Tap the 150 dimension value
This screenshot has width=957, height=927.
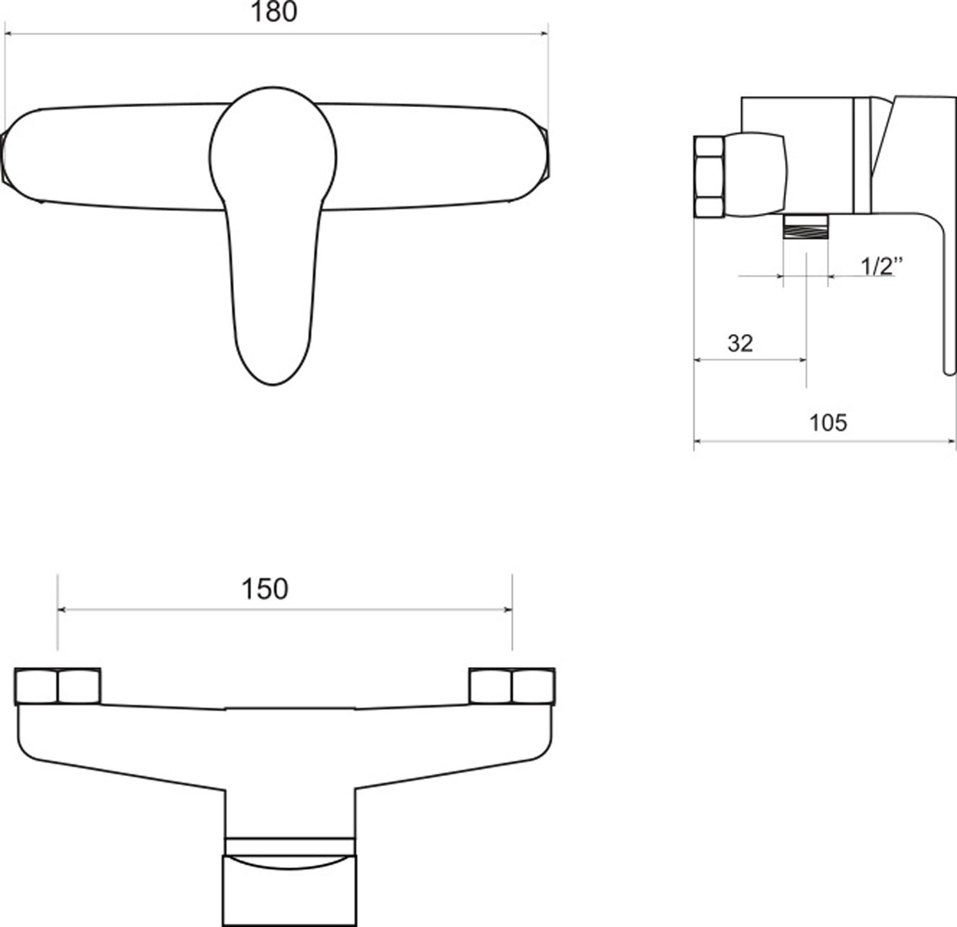pos(265,589)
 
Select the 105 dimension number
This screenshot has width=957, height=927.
pos(828,422)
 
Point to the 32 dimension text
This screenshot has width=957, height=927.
pos(740,344)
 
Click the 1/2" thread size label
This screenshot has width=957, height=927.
pos(882,265)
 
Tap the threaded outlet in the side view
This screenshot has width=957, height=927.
pos(805,226)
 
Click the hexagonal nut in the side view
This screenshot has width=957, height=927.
pos(709,176)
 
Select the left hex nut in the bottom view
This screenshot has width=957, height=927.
pos(57,686)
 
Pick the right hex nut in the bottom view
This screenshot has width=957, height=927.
pos(512,686)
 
